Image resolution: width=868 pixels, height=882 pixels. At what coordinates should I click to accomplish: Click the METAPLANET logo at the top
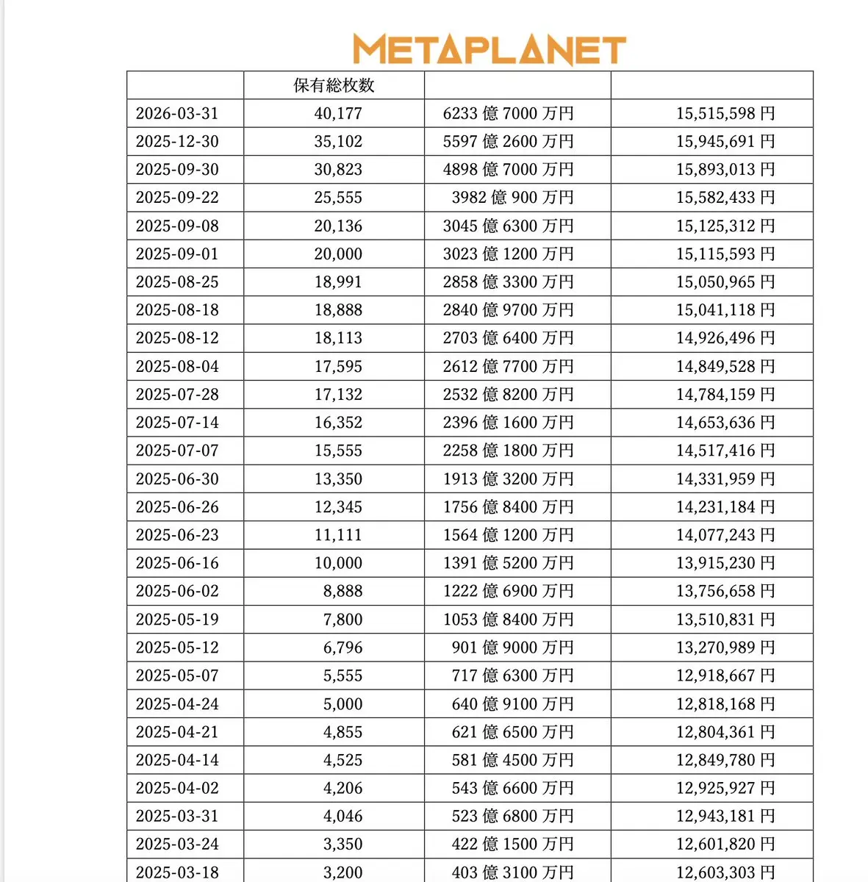point(489,49)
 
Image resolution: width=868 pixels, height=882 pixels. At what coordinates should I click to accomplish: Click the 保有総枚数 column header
point(334,85)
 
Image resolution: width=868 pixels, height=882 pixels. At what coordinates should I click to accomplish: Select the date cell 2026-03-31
point(177,113)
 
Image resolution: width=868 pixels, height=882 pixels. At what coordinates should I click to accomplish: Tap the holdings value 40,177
point(338,113)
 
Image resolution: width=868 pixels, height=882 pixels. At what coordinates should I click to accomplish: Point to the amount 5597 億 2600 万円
point(509,141)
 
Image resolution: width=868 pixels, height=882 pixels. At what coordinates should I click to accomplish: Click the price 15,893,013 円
point(725,169)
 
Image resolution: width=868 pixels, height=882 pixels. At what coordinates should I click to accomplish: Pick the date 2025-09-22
point(177,197)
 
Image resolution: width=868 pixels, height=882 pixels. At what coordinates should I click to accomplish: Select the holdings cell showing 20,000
point(338,254)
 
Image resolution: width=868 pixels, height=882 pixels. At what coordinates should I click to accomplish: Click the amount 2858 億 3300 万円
point(509,282)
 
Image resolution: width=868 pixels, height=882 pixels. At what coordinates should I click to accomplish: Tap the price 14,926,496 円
point(725,338)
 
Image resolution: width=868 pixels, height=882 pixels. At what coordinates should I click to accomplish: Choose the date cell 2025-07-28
point(177,394)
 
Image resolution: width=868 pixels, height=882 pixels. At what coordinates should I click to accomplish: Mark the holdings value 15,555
point(338,451)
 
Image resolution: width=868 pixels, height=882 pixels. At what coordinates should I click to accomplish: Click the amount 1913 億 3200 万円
point(509,478)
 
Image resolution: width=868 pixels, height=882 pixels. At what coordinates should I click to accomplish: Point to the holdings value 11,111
point(338,535)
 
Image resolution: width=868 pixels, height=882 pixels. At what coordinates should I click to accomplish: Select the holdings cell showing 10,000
point(338,563)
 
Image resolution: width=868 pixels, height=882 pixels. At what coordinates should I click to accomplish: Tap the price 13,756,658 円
point(725,591)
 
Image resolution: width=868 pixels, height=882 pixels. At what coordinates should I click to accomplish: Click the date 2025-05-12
point(177,648)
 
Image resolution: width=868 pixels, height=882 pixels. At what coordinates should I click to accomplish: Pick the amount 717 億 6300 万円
point(512,675)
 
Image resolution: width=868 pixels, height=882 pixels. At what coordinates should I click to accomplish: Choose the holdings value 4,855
point(342,732)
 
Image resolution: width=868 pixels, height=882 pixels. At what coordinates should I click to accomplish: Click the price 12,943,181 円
point(725,816)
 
